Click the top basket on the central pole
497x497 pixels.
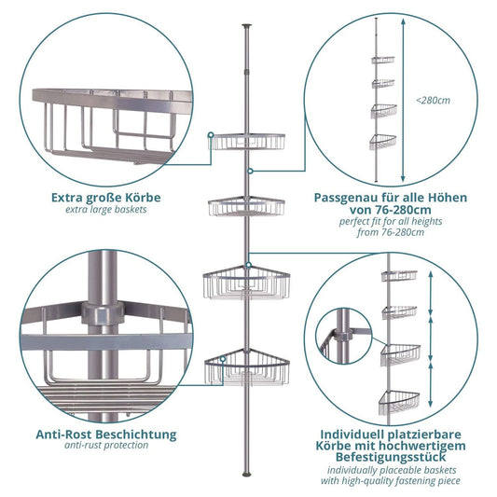pos(247,142)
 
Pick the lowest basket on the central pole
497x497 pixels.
pos(247,368)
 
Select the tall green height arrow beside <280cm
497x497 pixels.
pos(403,103)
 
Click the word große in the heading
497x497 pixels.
pos(108,198)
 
